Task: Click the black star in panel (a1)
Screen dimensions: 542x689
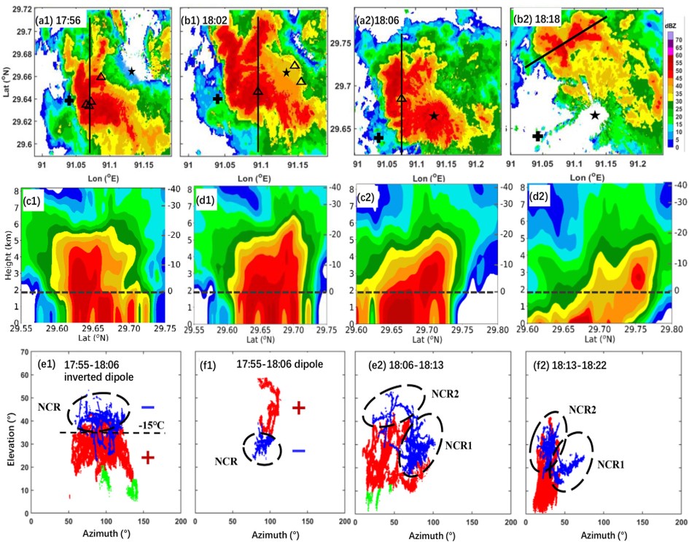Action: coord(132,71)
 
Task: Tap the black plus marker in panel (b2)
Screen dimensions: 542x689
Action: coord(537,136)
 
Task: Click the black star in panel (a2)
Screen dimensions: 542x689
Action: coord(434,116)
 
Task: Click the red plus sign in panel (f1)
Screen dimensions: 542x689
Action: coord(298,408)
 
